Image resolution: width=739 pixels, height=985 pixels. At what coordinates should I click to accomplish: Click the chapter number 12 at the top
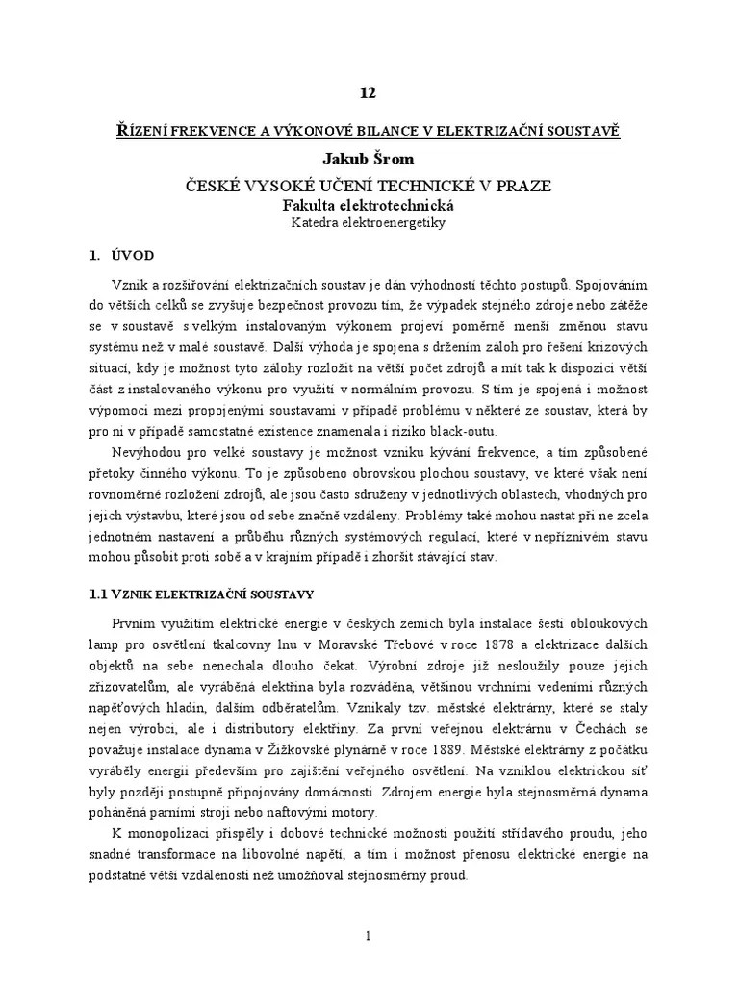369,93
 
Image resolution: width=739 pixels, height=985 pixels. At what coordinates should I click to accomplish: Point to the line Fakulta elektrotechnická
369,205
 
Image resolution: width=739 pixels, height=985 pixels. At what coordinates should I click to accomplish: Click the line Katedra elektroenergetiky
369,222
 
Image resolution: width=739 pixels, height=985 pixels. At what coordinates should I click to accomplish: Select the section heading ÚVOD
127,256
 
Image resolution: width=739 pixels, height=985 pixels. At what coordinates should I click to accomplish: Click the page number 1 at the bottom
369,935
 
